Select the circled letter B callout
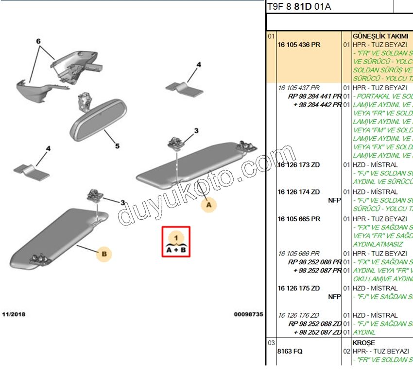tap(104, 254)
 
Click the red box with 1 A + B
tap(176, 241)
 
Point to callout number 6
tap(38, 42)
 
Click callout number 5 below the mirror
tap(117, 145)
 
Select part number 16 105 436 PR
tap(298, 45)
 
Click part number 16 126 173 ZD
tap(298, 165)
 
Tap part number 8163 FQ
tap(290, 351)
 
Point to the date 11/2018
tap(14, 314)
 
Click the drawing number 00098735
tap(248, 314)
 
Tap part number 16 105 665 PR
tap(298, 219)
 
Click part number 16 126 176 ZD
tap(298, 315)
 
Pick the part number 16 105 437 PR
tap(298, 88)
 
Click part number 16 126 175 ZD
tap(298, 288)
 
